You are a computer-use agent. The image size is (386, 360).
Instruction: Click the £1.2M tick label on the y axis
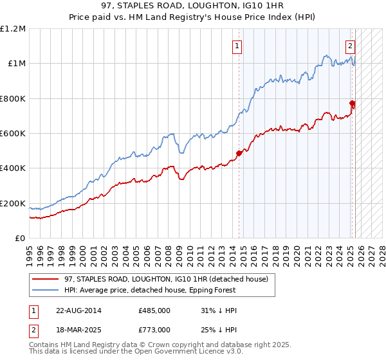click(13, 28)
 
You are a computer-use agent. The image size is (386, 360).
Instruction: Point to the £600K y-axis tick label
click(13, 134)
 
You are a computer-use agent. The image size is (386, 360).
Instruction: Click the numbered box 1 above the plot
click(238, 46)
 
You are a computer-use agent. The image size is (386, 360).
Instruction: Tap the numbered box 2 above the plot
click(350, 46)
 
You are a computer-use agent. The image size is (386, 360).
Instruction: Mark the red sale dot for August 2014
click(239, 153)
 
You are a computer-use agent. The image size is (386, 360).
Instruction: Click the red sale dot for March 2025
click(353, 103)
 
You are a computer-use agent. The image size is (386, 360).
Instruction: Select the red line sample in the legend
click(46, 279)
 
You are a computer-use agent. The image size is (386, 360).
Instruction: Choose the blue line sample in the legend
click(46, 290)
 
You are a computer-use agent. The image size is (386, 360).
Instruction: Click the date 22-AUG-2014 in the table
click(79, 310)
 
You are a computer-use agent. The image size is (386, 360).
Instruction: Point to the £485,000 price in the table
click(154, 310)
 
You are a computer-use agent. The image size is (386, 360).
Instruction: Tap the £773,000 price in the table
click(154, 329)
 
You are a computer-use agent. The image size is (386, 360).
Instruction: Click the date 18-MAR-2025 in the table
click(79, 329)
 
